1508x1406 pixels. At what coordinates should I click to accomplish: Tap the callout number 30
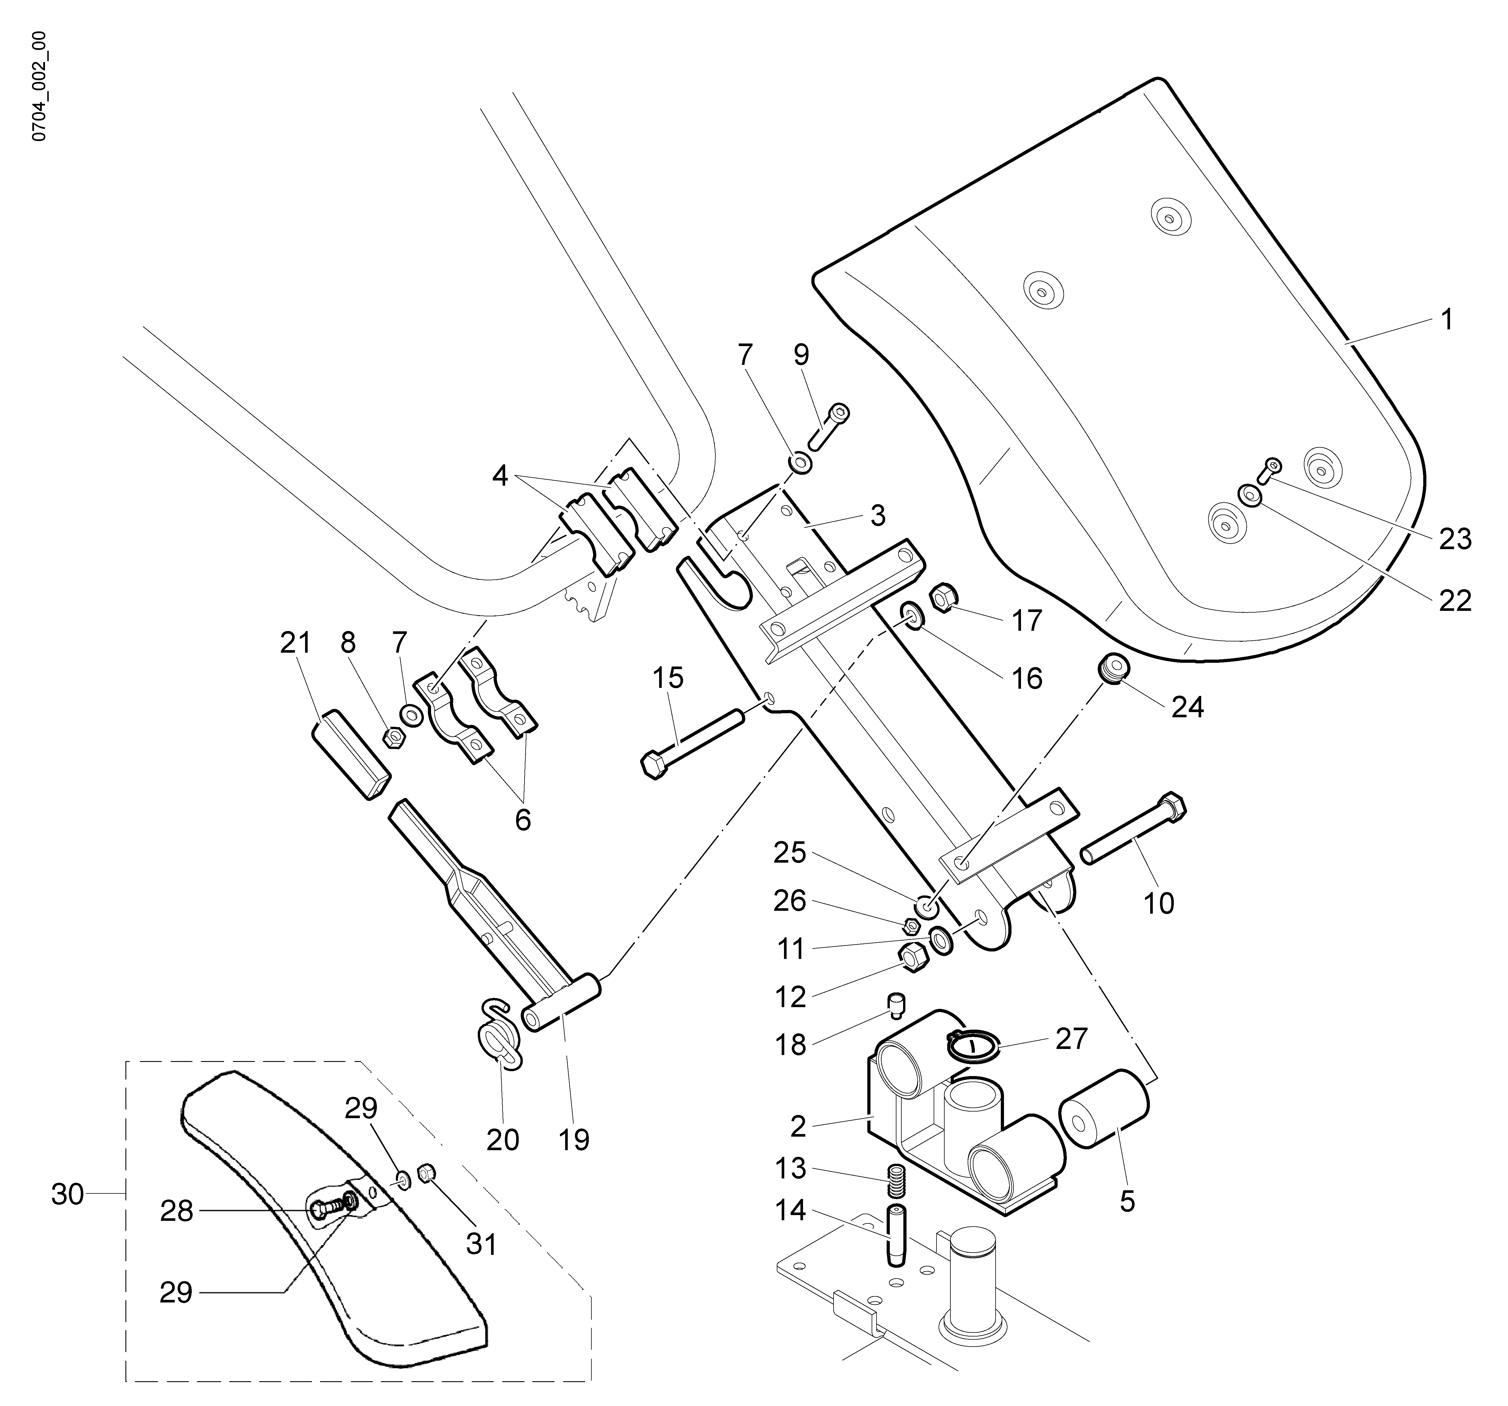(67, 1194)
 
